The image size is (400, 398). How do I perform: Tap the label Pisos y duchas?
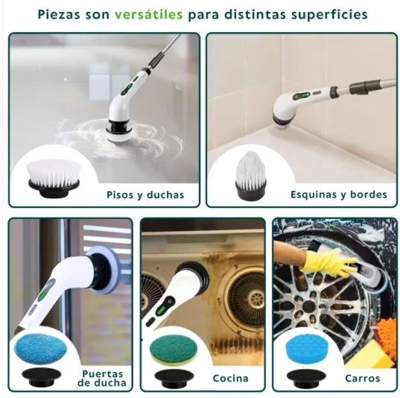(145, 195)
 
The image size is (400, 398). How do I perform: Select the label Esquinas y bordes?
(338, 195)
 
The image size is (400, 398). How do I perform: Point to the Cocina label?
(230, 378)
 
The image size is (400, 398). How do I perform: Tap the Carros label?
(363, 378)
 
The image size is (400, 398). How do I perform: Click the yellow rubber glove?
(328, 262)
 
